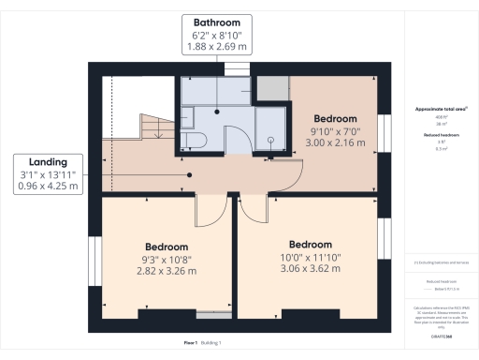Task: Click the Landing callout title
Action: tap(47, 161)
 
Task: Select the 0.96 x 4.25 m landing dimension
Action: tap(47, 187)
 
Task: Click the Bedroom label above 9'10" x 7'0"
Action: tap(335, 119)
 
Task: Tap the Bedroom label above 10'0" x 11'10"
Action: tap(310, 244)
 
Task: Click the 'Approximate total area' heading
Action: tap(441, 109)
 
